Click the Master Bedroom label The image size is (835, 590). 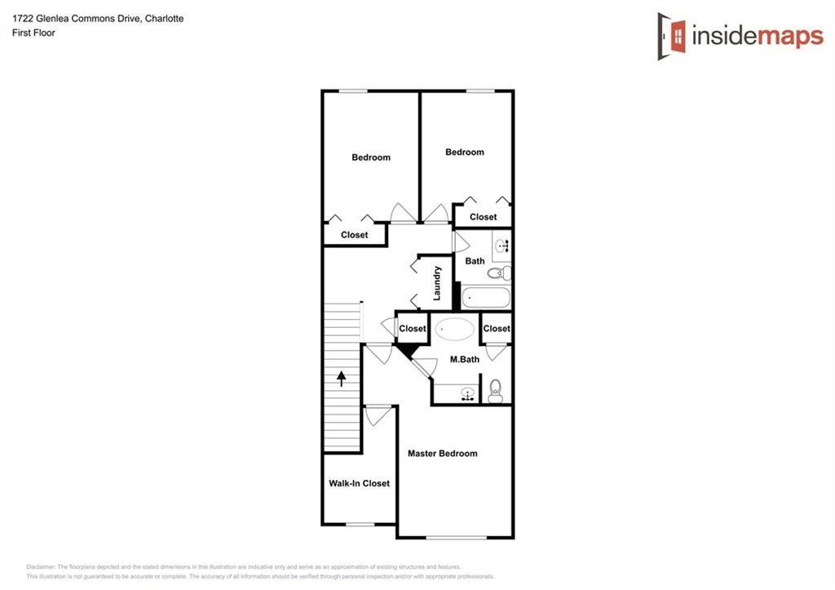[x=442, y=454]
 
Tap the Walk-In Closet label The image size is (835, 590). [x=359, y=483]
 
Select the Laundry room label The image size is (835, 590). [x=437, y=282]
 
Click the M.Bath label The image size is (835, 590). [x=464, y=359]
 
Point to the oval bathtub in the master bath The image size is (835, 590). [x=454, y=330]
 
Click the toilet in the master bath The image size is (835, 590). [x=495, y=391]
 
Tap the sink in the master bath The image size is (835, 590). [x=467, y=394]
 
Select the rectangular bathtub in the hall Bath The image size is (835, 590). [x=485, y=297]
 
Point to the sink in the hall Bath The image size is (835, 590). [x=501, y=244]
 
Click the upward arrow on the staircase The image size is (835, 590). [x=341, y=379]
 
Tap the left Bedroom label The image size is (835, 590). [x=371, y=157]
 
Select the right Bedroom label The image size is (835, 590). [x=465, y=152]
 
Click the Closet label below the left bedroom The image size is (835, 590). [x=354, y=235]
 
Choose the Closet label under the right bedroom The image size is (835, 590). [x=483, y=217]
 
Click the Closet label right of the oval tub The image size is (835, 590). [x=496, y=329]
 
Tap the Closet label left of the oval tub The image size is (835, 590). [x=412, y=329]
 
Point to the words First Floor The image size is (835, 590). [x=33, y=33]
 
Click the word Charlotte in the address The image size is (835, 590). [x=164, y=18]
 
